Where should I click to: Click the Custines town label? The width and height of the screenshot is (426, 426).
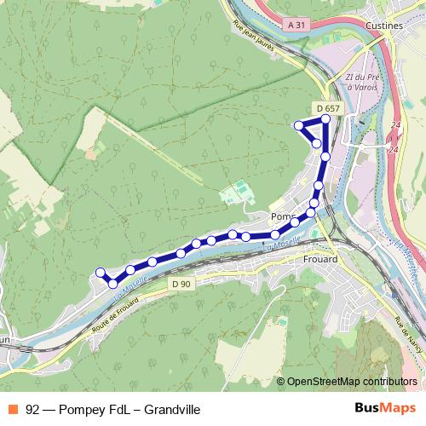[383, 26]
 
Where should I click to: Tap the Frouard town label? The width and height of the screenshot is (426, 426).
[320, 259]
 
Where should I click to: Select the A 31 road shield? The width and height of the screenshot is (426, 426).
[296, 26]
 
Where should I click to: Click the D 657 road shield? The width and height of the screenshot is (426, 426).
[327, 108]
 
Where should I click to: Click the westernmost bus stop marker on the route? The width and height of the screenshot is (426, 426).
[100, 273]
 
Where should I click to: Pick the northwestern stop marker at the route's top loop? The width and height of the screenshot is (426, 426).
[299, 126]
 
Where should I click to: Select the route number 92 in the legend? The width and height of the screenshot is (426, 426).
[33, 408]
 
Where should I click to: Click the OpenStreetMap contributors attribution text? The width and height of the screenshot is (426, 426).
[352, 382]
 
